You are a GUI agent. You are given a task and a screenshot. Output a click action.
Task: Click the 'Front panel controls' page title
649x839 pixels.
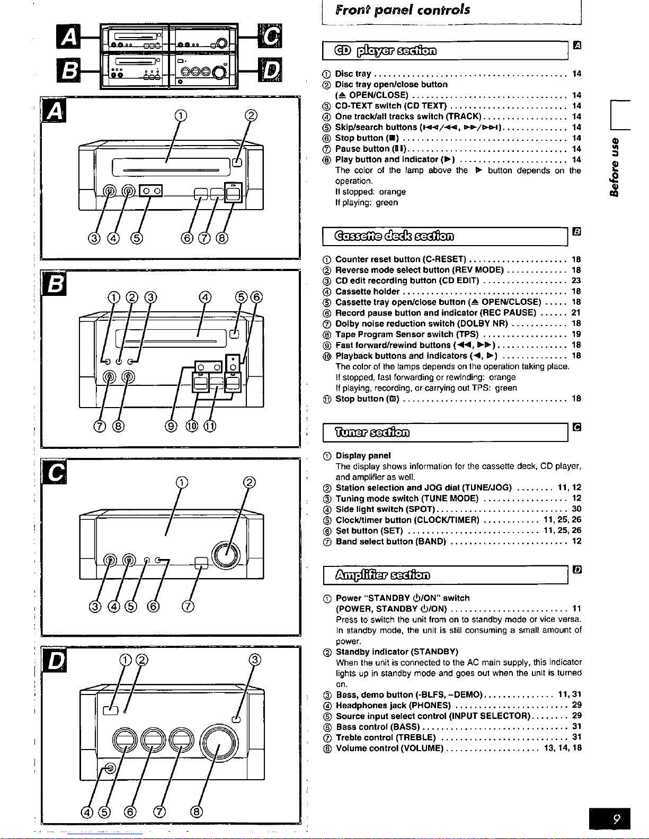(402, 10)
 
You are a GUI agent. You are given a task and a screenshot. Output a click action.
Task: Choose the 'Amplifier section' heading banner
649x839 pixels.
(383, 575)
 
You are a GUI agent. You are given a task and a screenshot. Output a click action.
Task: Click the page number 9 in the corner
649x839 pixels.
(616, 819)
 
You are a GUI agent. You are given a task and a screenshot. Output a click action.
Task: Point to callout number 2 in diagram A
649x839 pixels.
(251, 116)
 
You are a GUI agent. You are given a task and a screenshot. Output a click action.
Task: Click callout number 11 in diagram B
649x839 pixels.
(210, 426)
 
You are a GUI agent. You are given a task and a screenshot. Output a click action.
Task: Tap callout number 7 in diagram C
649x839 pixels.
(188, 606)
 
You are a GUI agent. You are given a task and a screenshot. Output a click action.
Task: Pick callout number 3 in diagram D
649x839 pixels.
(255, 660)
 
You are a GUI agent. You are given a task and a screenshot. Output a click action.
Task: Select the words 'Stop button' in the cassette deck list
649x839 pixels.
(360, 399)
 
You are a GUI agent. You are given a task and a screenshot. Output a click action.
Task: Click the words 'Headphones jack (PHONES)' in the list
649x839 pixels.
(393, 705)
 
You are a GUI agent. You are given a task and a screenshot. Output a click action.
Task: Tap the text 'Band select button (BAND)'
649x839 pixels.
(390, 542)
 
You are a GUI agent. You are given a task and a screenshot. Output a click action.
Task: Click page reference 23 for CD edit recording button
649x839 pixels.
(576, 281)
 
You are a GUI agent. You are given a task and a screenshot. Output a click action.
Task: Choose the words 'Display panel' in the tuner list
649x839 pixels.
(363, 455)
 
